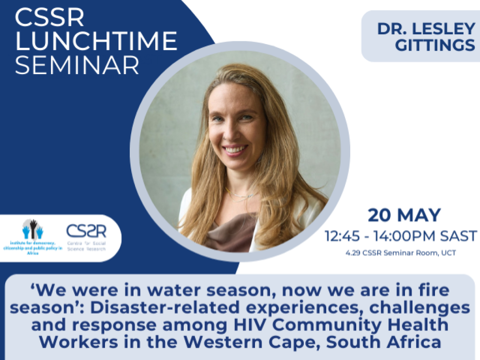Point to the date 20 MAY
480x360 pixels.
pos(404,215)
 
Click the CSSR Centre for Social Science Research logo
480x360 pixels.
pos(86,237)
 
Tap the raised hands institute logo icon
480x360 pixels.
pos(33,229)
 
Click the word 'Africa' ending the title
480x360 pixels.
pos(414,342)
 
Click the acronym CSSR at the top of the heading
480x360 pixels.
pos(49,17)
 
